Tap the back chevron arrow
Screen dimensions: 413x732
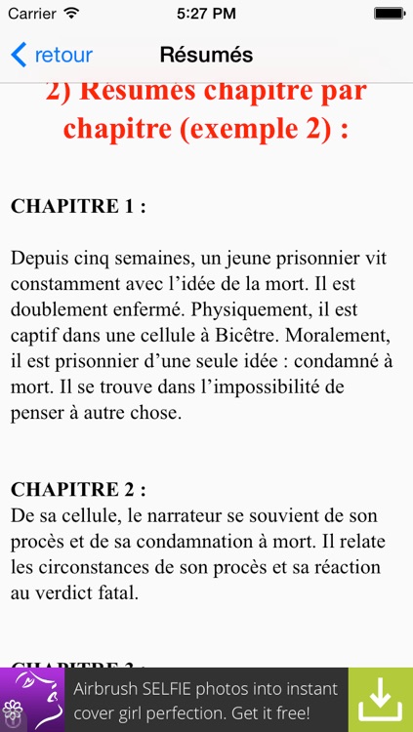19,55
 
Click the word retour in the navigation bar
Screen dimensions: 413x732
63,55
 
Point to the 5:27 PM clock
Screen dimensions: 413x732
206,14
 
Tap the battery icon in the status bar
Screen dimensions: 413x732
389,14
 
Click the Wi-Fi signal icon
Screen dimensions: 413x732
71,14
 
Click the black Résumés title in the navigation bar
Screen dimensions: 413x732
206,55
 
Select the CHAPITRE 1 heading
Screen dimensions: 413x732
78,206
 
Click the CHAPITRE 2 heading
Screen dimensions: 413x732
78,489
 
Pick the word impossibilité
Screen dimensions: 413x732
278,386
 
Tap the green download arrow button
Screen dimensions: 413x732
381,699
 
